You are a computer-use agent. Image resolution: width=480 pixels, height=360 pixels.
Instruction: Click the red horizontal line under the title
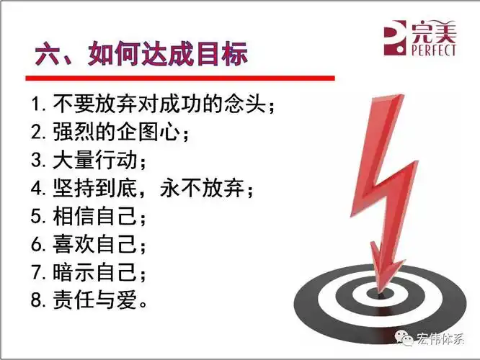pos(180,77)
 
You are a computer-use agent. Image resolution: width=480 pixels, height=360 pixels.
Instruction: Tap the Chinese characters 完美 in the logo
pos(435,32)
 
